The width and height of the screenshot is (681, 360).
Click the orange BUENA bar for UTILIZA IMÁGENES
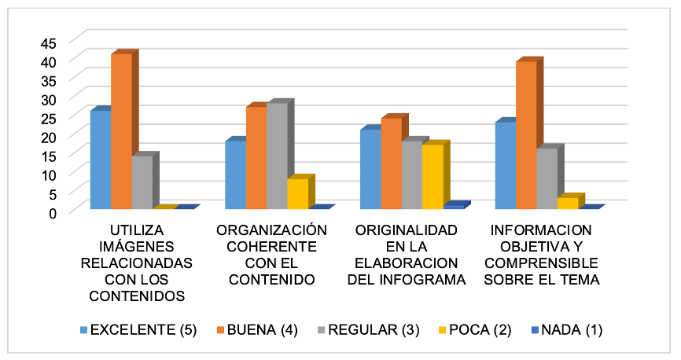click(121, 131)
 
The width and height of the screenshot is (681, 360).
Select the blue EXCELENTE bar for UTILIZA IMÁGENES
click(101, 160)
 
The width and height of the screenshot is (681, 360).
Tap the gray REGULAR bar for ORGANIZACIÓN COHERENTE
click(277, 156)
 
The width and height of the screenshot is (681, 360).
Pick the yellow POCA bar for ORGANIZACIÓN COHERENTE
click(297, 193)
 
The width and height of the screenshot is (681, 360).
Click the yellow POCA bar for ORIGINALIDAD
click(433, 177)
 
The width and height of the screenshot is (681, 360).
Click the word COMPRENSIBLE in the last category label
click(542, 263)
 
